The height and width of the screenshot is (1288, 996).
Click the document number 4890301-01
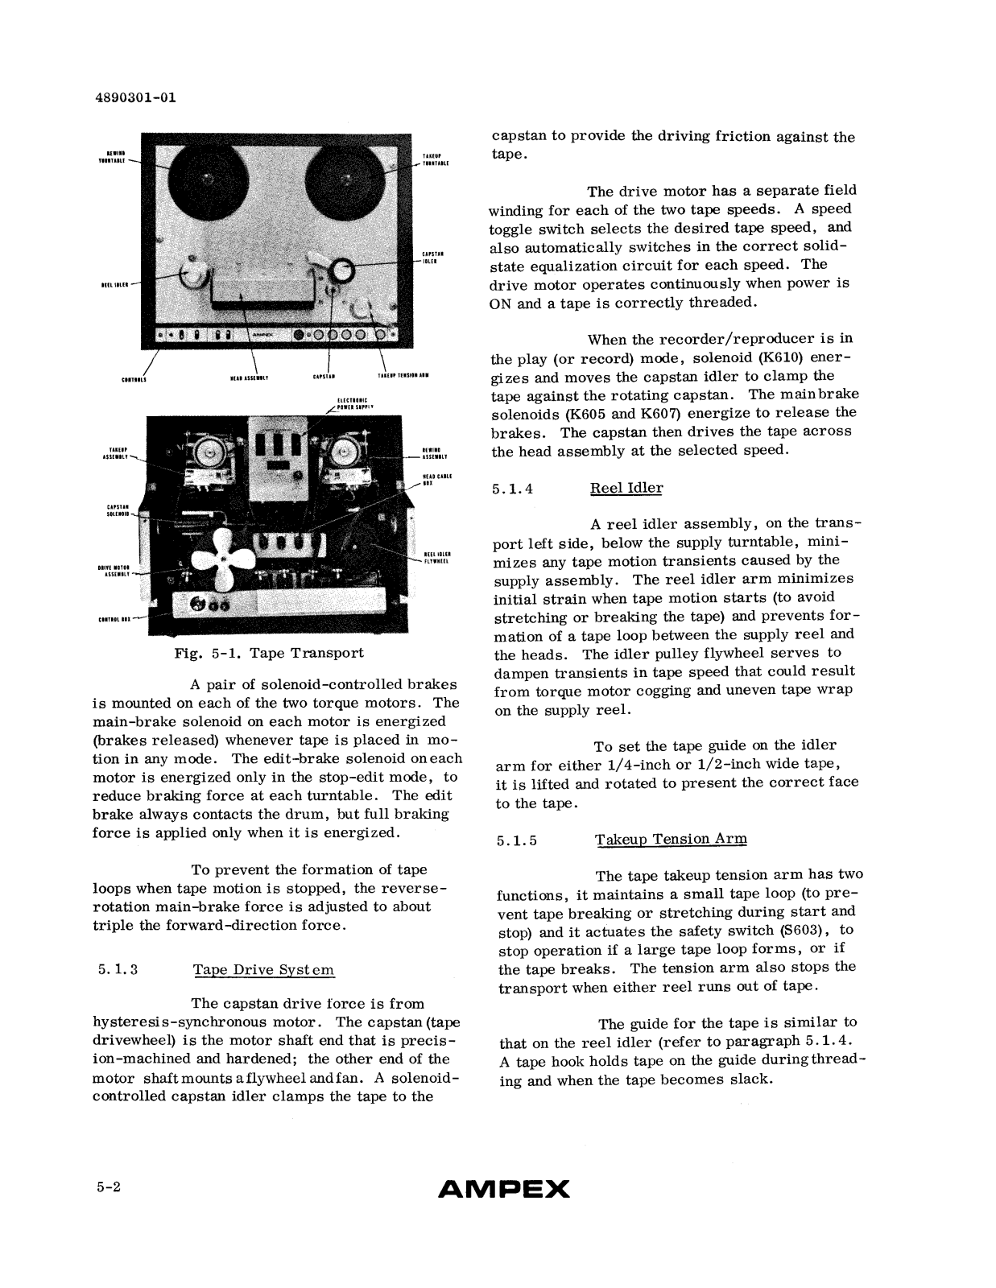[x=134, y=98]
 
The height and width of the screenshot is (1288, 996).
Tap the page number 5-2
[x=106, y=1187]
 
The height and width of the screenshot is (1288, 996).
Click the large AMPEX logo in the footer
[x=503, y=1189]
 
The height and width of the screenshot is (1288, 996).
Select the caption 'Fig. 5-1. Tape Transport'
[x=269, y=653]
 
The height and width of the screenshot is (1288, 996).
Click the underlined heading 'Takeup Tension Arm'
[x=671, y=839]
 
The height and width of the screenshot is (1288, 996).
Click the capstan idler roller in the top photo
[x=339, y=270]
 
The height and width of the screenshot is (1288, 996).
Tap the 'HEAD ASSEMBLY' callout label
[x=249, y=376]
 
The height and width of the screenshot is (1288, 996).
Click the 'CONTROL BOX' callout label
[x=111, y=619]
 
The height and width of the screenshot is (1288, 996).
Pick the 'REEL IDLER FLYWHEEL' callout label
[x=436, y=557]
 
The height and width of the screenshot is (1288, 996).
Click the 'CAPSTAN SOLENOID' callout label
[x=117, y=510]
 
